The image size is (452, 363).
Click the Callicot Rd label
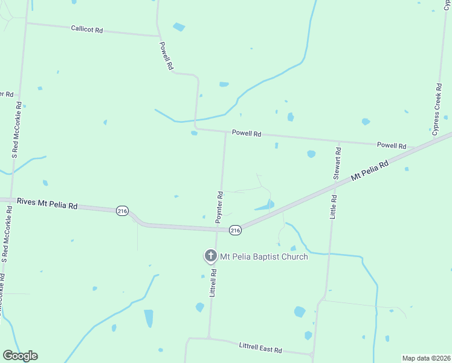[87, 28]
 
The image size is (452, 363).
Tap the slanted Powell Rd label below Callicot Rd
[167, 55]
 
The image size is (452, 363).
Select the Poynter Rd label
[220, 208]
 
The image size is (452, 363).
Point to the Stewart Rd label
[338, 162]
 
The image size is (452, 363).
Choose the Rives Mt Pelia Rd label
[47, 205]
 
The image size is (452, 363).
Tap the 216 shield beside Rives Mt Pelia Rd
[123, 211]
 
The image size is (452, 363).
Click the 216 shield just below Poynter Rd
[235, 230]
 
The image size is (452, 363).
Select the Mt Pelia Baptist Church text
[263, 257]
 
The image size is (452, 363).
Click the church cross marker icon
[210, 256]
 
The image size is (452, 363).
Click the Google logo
[20, 356]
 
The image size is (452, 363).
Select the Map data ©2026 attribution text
[427, 358]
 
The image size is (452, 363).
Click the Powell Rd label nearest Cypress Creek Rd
[392, 145]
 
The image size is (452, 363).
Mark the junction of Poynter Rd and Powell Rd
[225, 131]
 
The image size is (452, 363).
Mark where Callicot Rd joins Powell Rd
[158, 35]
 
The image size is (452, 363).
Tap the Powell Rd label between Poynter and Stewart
[247, 133]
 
